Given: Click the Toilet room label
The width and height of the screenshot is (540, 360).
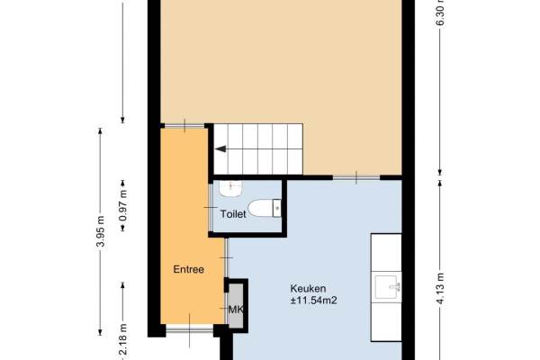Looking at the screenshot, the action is pos(233,214).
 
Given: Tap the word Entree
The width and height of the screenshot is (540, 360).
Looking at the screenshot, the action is pos(188,269).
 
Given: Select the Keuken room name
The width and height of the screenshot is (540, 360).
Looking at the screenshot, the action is pos(308,288).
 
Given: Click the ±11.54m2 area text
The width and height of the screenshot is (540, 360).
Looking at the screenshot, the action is pos(314,301).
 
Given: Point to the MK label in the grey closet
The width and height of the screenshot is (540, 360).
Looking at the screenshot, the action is pos(236,310).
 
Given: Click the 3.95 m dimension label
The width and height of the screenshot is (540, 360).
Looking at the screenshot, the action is pos(100,231).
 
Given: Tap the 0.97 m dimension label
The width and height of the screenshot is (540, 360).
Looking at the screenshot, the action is pos(123,205).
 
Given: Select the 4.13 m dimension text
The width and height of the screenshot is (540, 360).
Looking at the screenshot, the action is pos(440,288).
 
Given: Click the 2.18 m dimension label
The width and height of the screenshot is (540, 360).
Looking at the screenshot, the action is pos(123,339).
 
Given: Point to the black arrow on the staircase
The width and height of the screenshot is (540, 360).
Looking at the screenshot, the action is pos(220,148).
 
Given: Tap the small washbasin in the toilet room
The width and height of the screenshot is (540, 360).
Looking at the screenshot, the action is pos(230,189).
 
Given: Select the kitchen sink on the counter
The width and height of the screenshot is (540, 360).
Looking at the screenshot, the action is pos(388,286).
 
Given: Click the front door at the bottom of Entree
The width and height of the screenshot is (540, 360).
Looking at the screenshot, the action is pos(189,330).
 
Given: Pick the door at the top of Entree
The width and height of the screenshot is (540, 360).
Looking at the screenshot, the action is pos(184,126).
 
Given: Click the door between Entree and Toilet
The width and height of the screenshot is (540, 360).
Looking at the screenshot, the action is pos(211,208).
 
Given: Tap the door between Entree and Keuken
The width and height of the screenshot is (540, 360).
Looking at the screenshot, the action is pos(226,257).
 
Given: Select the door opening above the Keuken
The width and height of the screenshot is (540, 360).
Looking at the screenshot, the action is pos(356,177).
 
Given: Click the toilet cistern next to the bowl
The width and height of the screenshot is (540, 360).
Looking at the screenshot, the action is pos(277,208).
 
